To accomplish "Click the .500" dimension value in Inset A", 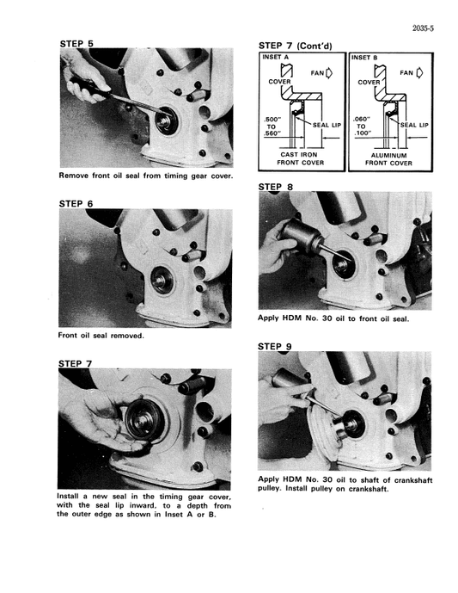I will (x=276, y=120).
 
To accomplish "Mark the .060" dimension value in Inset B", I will (x=362, y=120).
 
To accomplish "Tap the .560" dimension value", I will (x=276, y=135).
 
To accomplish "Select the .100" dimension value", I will (x=362, y=135).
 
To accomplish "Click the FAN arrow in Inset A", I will (x=327, y=73).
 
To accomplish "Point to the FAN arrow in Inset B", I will (x=419, y=73).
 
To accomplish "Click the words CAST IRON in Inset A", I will (x=301, y=156).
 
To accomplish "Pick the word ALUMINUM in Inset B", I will (x=388, y=156).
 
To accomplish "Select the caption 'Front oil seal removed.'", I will (x=101, y=335).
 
